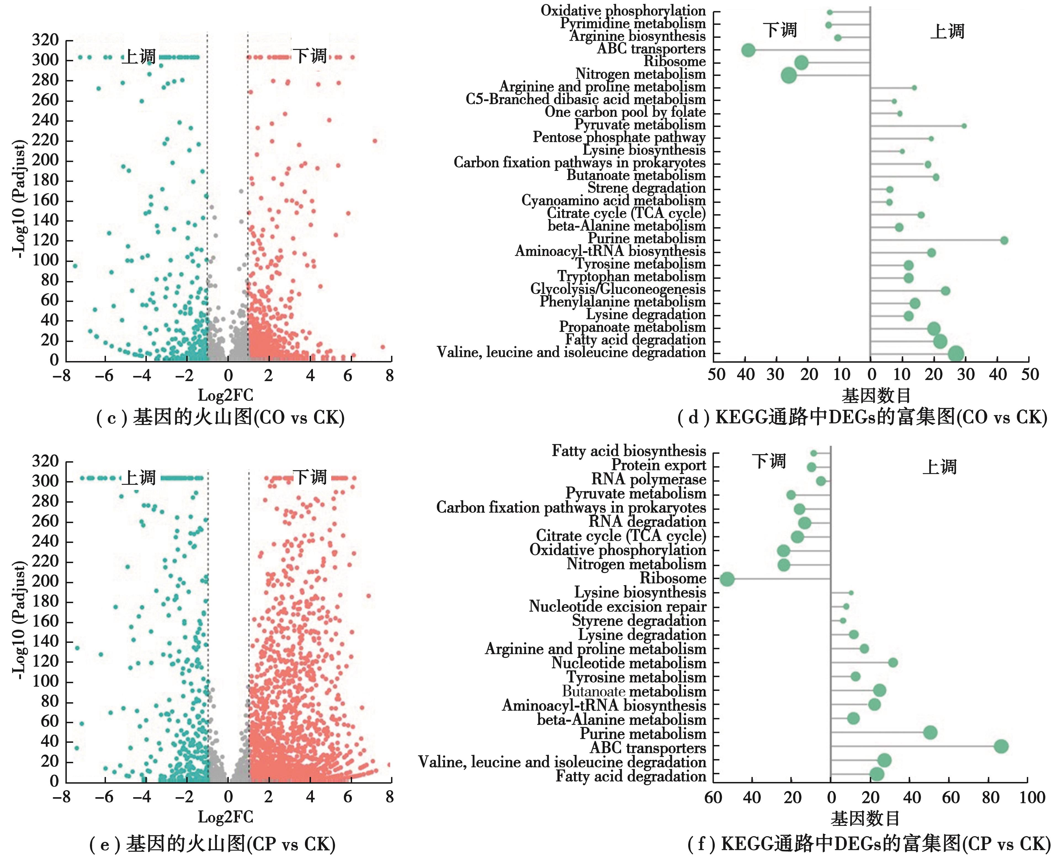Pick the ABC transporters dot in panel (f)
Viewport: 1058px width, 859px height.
[1001, 747]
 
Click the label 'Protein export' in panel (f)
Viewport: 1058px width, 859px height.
[658, 465]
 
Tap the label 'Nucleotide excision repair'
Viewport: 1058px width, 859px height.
[617, 607]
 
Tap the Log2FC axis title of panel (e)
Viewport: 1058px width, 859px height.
[225, 817]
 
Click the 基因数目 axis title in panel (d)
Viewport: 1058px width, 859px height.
[876, 395]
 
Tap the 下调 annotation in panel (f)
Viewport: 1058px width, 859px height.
[769, 461]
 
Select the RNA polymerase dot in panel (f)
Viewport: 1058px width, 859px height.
[821, 481]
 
